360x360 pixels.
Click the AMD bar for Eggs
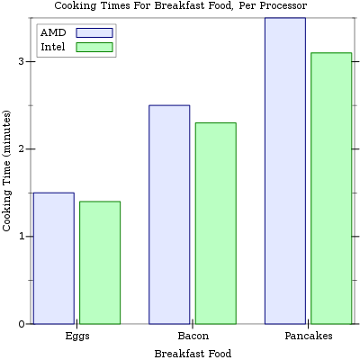click(x=54, y=258)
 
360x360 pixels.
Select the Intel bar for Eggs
click(x=100, y=263)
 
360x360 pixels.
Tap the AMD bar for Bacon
click(x=169, y=214)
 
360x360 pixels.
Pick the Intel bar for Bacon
click(x=216, y=223)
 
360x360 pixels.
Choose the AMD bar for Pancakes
click(x=285, y=171)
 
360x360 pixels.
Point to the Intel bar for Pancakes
click(x=331, y=188)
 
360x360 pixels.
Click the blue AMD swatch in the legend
click(x=94, y=32)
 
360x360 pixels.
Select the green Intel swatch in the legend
click(x=94, y=47)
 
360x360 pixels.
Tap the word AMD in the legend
click(x=53, y=32)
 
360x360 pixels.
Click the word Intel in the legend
click(x=53, y=47)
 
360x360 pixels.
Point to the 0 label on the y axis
click(x=22, y=324)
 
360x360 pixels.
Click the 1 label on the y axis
click(x=22, y=237)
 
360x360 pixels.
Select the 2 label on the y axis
click(x=22, y=148)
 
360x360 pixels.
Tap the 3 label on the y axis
click(x=22, y=61)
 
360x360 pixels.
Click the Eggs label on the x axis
click(x=77, y=336)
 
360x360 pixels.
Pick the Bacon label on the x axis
click(x=193, y=336)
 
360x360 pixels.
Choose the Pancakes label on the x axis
click(x=309, y=336)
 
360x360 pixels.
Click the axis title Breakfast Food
click(x=193, y=354)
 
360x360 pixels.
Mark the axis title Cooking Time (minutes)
click(x=6, y=171)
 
